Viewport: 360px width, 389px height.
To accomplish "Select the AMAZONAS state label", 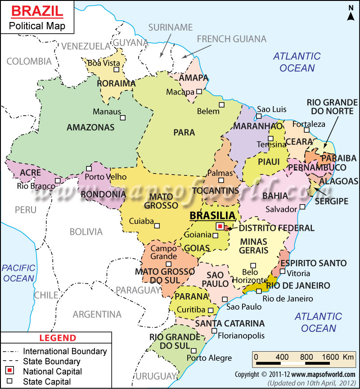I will [90, 127].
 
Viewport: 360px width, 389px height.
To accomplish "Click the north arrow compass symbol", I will [350, 13].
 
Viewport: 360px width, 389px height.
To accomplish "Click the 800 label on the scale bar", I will [306, 357].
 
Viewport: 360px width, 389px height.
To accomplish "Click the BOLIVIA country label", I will [86, 232].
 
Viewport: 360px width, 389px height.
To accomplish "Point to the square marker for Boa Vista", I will [117, 70].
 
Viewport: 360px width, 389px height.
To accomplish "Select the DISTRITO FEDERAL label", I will [276, 228].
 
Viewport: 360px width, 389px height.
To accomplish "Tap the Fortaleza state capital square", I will [306, 130].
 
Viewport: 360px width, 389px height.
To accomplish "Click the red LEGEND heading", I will [58, 338].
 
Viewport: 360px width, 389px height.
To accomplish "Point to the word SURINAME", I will [171, 27].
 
